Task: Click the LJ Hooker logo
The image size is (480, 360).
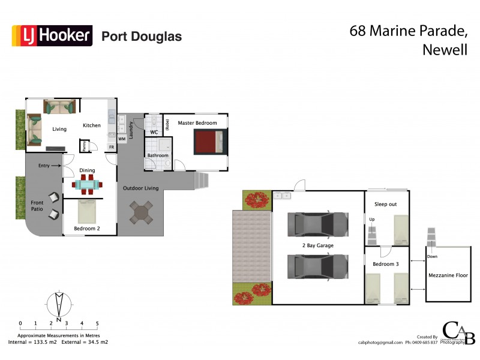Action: point(52,35)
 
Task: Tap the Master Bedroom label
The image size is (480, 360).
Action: point(197,122)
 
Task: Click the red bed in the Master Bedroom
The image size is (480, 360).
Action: point(208,143)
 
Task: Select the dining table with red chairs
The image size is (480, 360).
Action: point(88,185)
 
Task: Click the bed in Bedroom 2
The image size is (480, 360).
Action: point(87,211)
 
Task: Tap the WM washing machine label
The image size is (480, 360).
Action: point(122,139)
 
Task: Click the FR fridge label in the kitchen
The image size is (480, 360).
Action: point(111,147)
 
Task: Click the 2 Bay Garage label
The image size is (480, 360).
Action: point(317,246)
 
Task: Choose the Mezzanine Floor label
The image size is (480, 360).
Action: point(447,275)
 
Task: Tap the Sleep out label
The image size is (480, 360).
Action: point(386,205)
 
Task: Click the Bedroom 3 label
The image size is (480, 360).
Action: point(386,264)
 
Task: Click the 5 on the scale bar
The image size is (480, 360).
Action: point(97,323)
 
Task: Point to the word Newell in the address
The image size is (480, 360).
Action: point(445,50)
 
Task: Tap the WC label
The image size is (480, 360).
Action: point(154,132)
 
